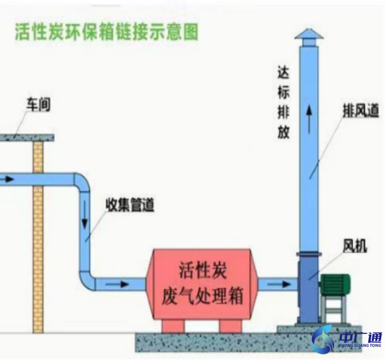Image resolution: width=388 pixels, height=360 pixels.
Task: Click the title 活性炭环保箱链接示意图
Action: pyautogui.click(x=106, y=32)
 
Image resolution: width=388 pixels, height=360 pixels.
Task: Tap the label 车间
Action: pyautogui.click(x=38, y=105)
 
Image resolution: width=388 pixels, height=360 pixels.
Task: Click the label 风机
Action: pyautogui.click(x=355, y=247)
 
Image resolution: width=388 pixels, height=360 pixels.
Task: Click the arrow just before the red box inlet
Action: pyautogui.click(x=121, y=284)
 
